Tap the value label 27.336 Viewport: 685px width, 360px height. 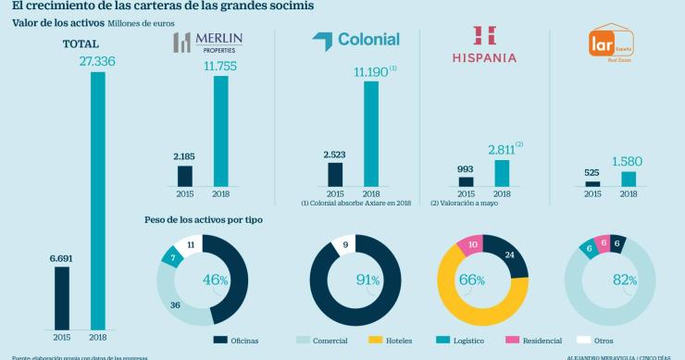(x=97, y=62)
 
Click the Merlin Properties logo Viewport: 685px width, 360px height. (x=208, y=43)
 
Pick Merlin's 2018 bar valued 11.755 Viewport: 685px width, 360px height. (x=220, y=130)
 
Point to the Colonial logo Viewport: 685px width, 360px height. (x=356, y=40)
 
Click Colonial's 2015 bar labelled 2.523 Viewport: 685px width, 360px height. (x=334, y=174)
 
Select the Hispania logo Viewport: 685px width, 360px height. (x=483, y=43)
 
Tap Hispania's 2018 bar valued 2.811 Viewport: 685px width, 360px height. (x=502, y=172)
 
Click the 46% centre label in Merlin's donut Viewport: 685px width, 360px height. (x=216, y=279)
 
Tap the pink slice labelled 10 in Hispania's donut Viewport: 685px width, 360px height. (x=470, y=247)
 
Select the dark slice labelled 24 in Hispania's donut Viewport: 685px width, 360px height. (x=508, y=255)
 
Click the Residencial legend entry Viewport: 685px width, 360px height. (x=514, y=341)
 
